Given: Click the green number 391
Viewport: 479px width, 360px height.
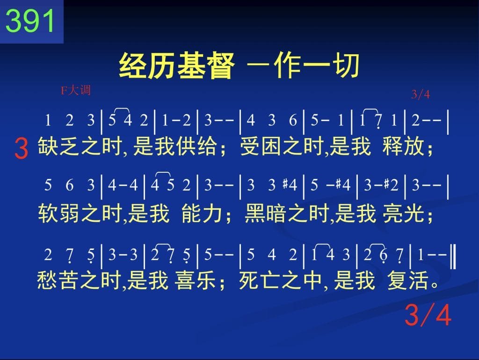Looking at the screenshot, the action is point(30,21).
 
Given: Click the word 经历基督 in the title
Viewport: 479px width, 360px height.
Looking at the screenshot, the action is point(176,66).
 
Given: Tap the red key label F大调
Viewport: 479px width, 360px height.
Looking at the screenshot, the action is point(75,90).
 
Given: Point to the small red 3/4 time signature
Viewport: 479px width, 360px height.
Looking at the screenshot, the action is point(421,94).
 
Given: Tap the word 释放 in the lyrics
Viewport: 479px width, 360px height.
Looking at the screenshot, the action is point(403,146).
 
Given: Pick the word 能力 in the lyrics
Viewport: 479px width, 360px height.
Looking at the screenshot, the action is point(202,213).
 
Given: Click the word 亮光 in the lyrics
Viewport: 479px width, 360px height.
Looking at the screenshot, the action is point(403,213).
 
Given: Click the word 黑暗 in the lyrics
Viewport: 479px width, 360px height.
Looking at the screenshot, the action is point(266,213).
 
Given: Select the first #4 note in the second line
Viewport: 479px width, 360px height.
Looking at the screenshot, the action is point(290,185).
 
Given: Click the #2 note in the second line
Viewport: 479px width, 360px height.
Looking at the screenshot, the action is point(391,185).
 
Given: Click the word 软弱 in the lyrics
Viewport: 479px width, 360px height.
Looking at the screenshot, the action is point(58,213).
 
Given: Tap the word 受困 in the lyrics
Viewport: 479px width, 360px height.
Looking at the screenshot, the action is point(261,146).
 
